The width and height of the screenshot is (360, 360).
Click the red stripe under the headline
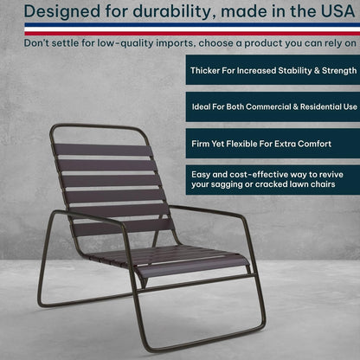coord(180,29)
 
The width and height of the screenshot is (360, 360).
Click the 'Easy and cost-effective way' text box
coord(271,179)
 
